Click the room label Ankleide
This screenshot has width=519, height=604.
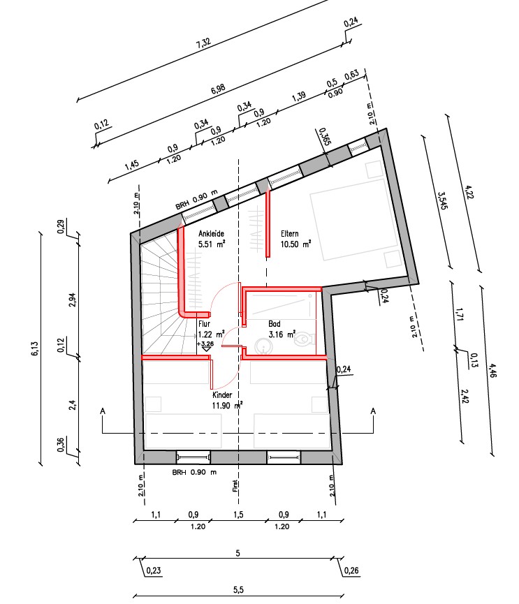(x=211, y=233)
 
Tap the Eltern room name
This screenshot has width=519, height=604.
(x=289, y=233)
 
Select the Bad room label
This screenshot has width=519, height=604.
(x=275, y=324)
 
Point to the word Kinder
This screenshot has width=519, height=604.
(x=222, y=395)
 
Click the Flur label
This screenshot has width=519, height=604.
(x=204, y=324)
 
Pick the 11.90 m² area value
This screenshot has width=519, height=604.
(x=227, y=405)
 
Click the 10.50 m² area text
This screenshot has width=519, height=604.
(x=295, y=244)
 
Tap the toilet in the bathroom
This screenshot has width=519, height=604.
(x=304, y=339)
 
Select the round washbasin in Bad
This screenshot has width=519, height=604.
(x=263, y=346)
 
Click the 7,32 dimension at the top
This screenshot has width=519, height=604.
(x=203, y=43)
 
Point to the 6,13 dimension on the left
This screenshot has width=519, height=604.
(x=35, y=348)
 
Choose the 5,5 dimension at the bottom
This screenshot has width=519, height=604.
(x=238, y=590)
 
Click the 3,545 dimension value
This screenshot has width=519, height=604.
(x=442, y=200)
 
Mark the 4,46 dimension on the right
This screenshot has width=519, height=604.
(x=492, y=371)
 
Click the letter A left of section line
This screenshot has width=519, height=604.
(x=103, y=411)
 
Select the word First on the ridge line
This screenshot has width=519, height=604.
(x=235, y=486)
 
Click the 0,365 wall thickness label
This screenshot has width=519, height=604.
(x=325, y=136)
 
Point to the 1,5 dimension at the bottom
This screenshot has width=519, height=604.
(x=238, y=515)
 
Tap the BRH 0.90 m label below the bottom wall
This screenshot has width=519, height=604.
(x=194, y=472)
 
